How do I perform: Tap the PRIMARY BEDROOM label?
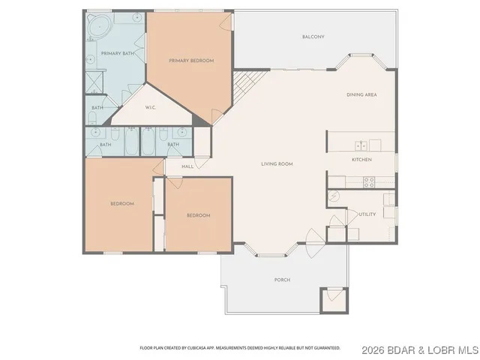pos(191,60)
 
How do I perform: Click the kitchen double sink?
pos(361,145)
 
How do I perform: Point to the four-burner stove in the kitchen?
pos(368,181)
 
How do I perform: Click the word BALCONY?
pos(313,37)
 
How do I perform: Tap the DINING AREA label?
pos(361,95)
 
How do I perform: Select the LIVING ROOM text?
pos(277,163)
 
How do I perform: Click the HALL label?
pos(187,166)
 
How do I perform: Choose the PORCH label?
pos(282,280)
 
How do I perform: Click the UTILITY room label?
pos(367,214)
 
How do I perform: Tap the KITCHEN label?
pos(362,160)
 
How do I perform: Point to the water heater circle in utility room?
pos(334,196)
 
